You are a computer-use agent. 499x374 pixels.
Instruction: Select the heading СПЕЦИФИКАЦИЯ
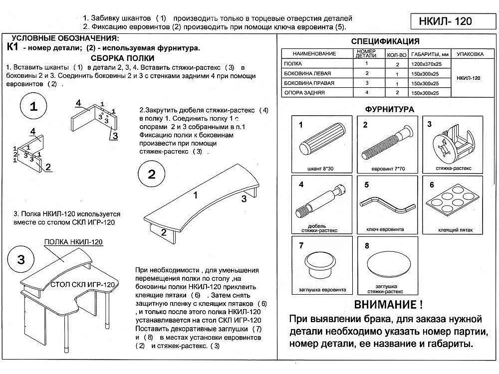[385, 41]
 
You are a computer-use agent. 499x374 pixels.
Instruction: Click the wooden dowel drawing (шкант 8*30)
[321, 143]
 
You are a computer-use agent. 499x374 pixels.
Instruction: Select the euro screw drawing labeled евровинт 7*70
[387, 142]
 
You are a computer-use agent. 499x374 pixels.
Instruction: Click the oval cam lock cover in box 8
[387, 263]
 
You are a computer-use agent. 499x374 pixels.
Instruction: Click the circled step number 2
[152, 174]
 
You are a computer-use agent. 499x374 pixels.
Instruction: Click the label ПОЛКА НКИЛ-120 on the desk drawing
[73, 242]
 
